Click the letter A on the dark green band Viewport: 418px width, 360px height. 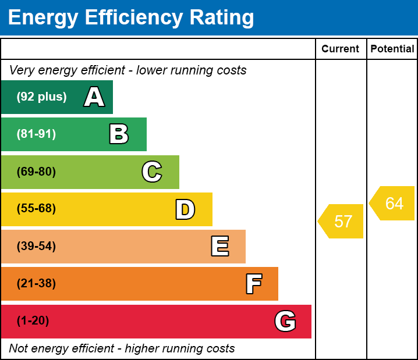(94, 97)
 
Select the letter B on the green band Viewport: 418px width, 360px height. (119, 134)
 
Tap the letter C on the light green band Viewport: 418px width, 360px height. (152, 172)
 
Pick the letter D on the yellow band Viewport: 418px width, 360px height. (185, 209)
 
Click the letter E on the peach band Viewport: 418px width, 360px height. (219, 247)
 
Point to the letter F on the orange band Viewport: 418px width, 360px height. (253, 284)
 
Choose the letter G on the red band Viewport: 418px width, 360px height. (285, 321)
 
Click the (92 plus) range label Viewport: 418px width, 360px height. (41, 97)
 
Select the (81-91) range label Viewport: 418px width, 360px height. (36, 134)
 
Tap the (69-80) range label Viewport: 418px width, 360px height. (36, 172)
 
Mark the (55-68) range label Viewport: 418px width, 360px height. (36, 209)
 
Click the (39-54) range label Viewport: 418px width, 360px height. (36, 246)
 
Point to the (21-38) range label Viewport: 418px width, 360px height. (36, 284)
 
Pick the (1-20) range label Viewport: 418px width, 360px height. (33, 321)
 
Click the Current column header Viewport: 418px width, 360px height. (341, 49)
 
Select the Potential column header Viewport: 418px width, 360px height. (392, 49)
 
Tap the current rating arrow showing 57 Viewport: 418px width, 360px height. (342, 221)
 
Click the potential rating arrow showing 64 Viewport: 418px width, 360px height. (393, 204)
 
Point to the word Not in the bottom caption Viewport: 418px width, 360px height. (19, 348)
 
